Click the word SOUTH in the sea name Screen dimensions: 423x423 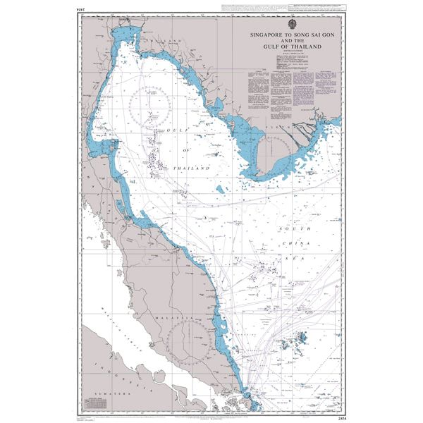coord(292,231)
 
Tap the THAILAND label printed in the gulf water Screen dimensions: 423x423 coord(195,169)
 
